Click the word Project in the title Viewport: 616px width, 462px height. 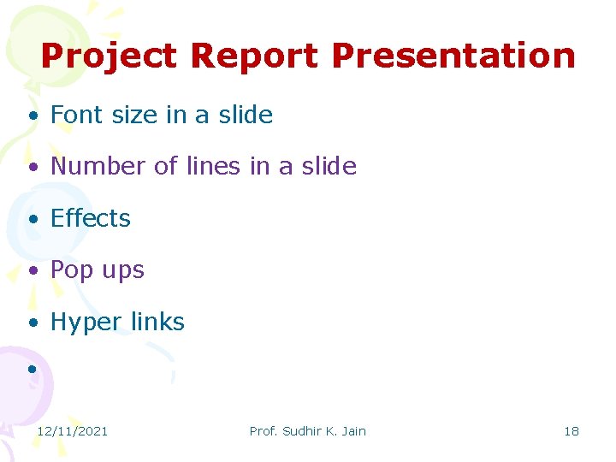click(x=108, y=56)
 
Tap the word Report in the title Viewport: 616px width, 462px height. click(x=254, y=56)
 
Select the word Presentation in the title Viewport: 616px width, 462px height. click(x=453, y=56)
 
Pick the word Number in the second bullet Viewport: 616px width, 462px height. click(x=99, y=166)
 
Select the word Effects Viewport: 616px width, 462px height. click(x=91, y=218)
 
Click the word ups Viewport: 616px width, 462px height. click(x=123, y=271)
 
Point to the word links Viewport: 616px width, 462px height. click(x=157, y=322)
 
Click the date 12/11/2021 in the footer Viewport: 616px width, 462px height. click(x=72, y=431)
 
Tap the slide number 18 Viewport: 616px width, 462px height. click(x=572, y=431)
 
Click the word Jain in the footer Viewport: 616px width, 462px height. click(x=353, y=431)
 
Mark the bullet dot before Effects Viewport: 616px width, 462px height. click(x=31, y=220)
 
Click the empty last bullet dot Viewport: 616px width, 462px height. click(x=31, y=369)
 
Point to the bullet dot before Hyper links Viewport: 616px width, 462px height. click(x=31, y=323)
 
